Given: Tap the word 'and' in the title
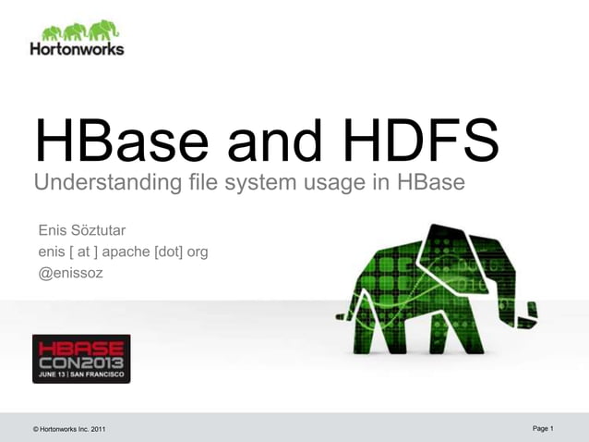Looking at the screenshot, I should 277,142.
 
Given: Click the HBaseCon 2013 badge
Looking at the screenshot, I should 81,358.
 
